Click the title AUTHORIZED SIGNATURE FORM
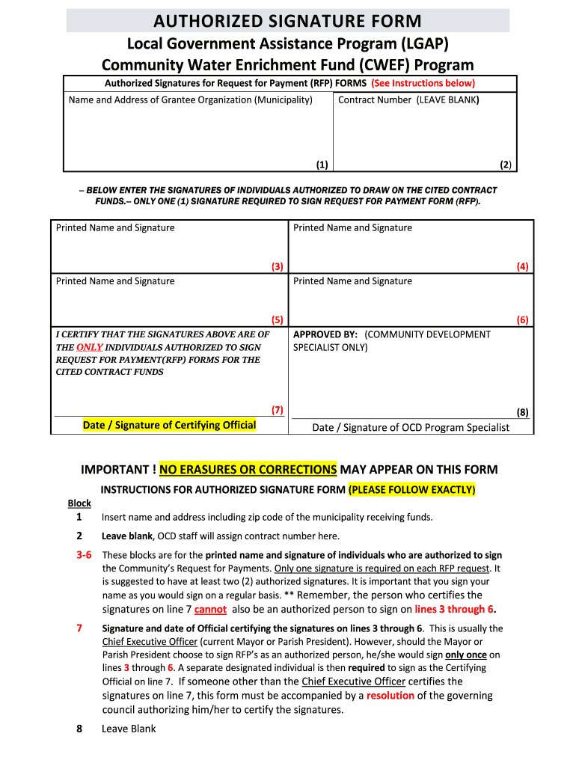[287, 21]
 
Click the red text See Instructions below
[423, 83]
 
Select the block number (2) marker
[506, 165]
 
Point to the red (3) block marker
[277, 266]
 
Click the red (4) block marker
[522, 266]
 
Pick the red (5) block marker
[277, 319]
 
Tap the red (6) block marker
[522, 319]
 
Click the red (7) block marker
[277, 409]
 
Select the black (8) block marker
[522, 411]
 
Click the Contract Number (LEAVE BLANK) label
[408, 99]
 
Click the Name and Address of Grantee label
[190, 99]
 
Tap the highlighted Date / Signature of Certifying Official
[169, 425]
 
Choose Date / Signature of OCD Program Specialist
[410, 427]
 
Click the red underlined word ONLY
[89, 347]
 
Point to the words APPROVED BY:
[325, 334]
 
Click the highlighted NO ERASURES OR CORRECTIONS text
[248, 469]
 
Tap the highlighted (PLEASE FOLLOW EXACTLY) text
[411, 490]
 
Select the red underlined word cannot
[210, 610]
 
